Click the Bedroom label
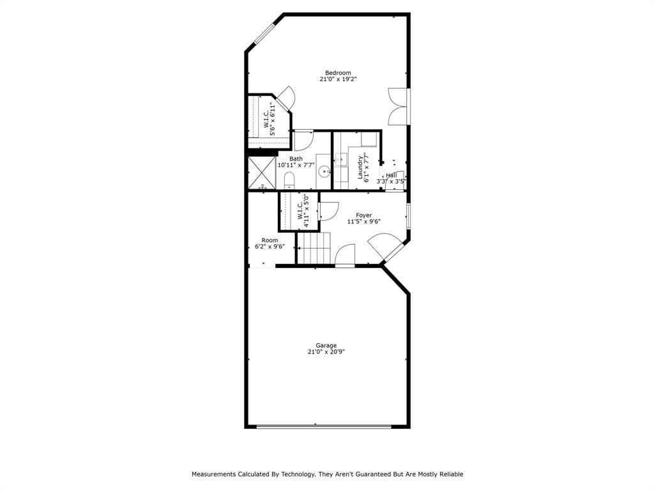pyautogui.click(x=338, y=73)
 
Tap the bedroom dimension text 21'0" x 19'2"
pyautogui.click(x=338, y=80)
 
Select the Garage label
pyautogui.click(x=326, y=345)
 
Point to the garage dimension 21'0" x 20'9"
pyautogui.click(x=326, y=352)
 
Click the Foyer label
pyautogui.click(x=363, y=215)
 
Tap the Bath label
pyautogui.click(x=296, y=159)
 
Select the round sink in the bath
pyautogui.click(x=324, y=171)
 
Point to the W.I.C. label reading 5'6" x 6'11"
pyautogui.click(x=269, y=120)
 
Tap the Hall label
pyautogui.click(x=391, y=175)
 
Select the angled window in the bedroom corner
pyautogui.click(x=265, y=33)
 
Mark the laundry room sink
pyautogui.click(x=340, y=159)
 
